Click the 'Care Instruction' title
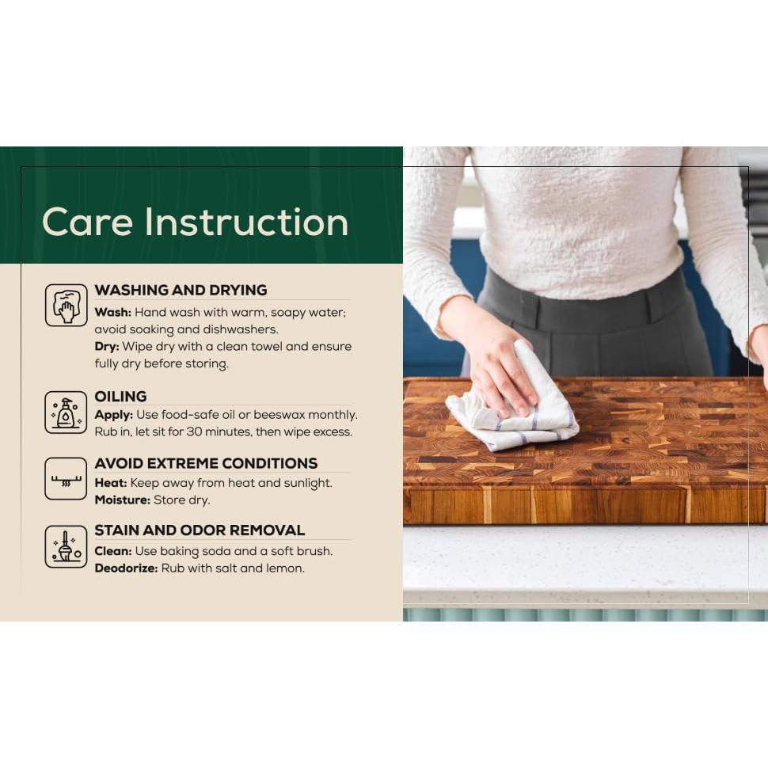click(195, 222)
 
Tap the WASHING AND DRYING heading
click(181, 290)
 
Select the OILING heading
click(120, 396)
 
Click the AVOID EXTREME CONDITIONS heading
click(206, 463)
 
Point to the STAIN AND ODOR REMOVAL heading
click(200, 530)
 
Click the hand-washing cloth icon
click(67, 305)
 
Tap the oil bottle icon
click(67, 413)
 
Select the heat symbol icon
click(67, 479)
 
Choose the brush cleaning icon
click(67, 546)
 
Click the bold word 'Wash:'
click(112, 313)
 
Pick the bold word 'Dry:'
click(107, 347)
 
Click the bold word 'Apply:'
click(114, 416)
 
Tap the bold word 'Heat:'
click(111, 483)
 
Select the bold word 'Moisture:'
click(123, 500)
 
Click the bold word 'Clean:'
click(113, 551)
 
